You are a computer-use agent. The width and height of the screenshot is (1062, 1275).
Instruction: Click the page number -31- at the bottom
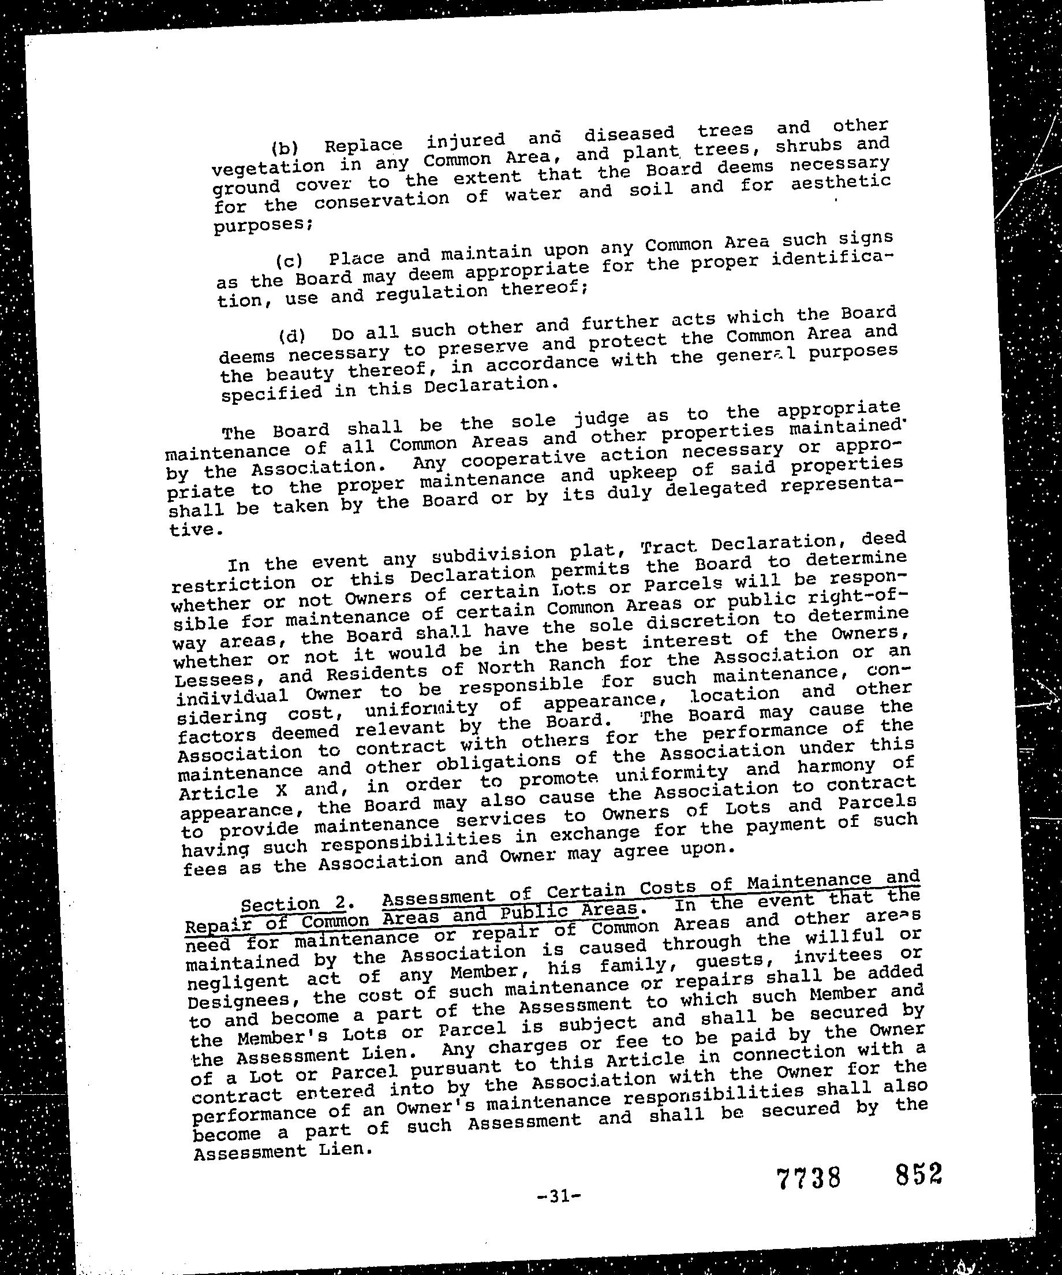(x=559, y=1196)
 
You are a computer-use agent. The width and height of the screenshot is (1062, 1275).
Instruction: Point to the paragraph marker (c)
(x=289, y=261)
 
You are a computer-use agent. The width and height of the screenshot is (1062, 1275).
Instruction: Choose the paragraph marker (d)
(x=292, y=335)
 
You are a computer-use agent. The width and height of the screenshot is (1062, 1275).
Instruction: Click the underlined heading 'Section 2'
(x=294, y=904)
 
